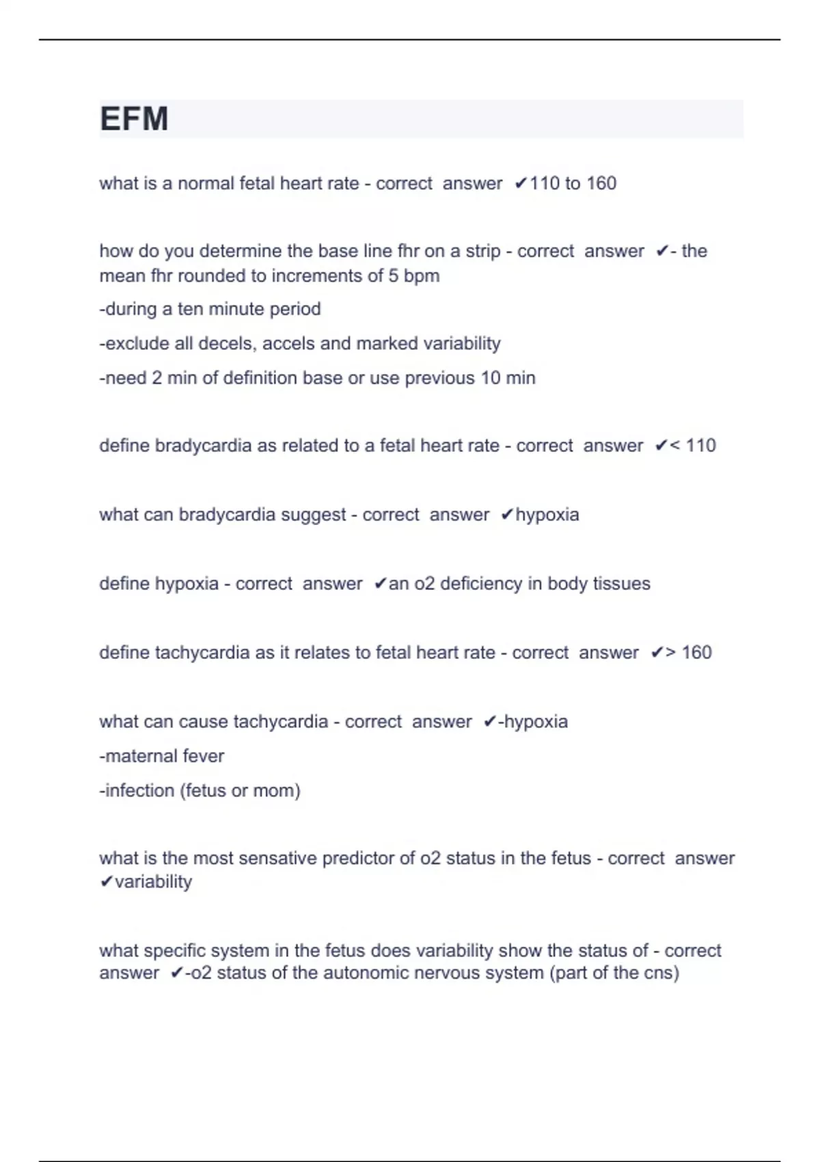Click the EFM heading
click(134, 119)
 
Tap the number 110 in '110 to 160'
click(545, 183)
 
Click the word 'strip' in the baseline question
click(483, 251)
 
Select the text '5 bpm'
click(415, 275)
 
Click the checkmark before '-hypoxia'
click(489, 722)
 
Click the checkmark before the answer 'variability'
click(106, 882)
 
